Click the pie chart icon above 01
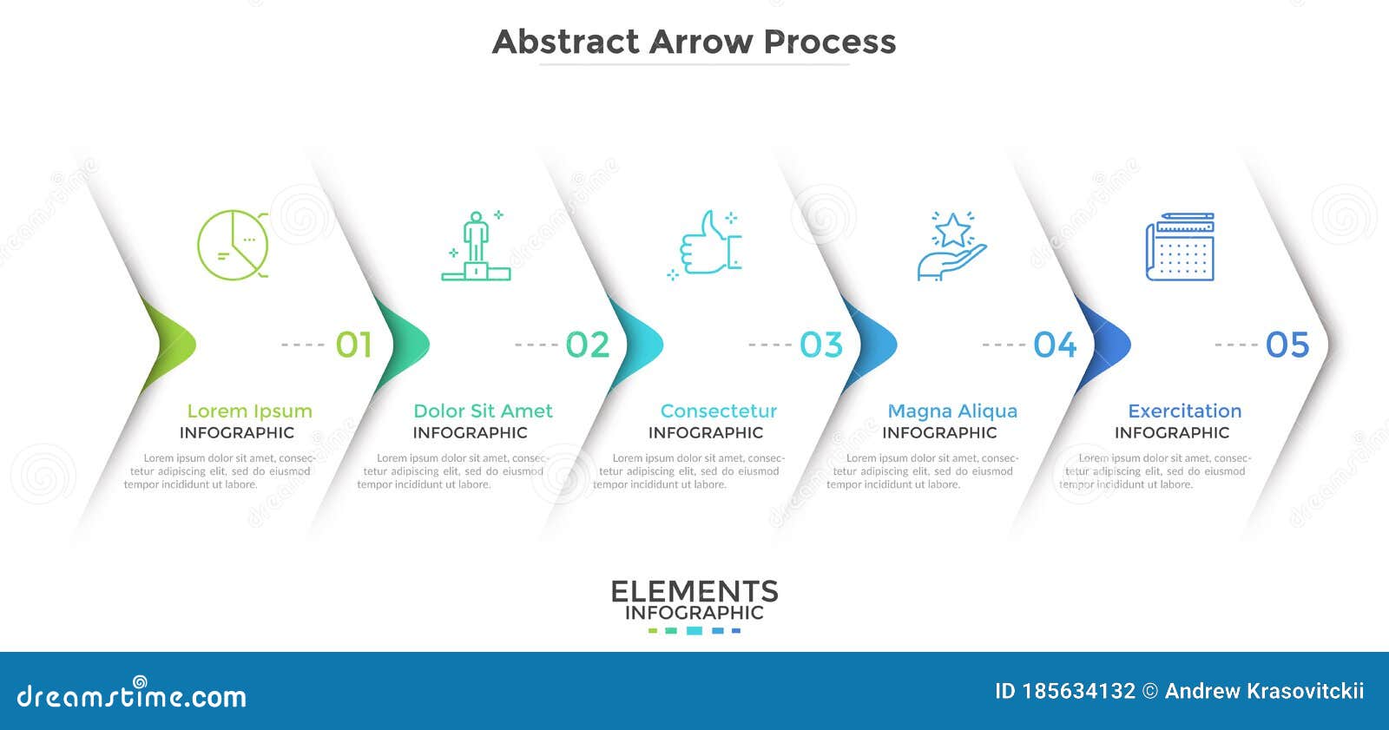[232, 245]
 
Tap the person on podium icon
[475, 247]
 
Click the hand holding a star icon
[951, 247]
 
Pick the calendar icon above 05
[1180, 247]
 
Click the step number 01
[354, 345]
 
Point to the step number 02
[588, 345]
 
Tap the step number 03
[821, 345]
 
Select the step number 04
[1055, 345]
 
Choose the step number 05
[1287, 345]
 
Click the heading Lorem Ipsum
[249, 411]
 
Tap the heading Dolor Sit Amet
[483, 411]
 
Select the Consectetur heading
[719, 411]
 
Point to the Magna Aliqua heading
[952, 411]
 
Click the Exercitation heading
[1185, 411]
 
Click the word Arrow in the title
[701, 42]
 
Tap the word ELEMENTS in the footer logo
[694, 592]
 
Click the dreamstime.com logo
[132, 695]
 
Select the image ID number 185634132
[1078, 691]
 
